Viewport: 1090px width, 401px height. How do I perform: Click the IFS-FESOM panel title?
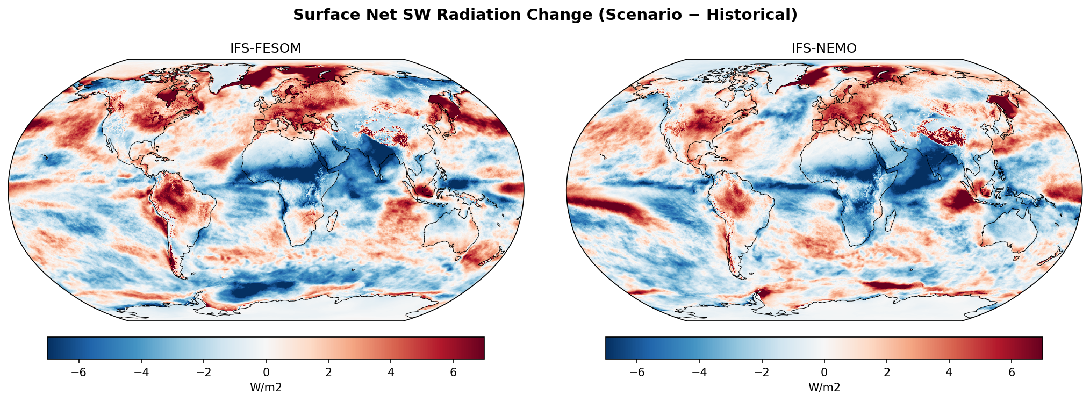click(266, 48)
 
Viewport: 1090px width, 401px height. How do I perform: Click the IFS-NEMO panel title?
click(824, 48)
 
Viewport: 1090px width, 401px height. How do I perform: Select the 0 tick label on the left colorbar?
click(266, 373)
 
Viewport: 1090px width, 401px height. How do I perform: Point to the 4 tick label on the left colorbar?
click(391, 373)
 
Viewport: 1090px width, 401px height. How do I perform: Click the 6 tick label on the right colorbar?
click(1012, 373)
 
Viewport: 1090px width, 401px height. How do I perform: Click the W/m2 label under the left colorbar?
click(266, 388)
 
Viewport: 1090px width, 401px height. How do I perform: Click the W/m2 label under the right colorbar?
click(824, 388)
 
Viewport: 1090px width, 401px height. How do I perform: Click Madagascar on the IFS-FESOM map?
click(332, 220)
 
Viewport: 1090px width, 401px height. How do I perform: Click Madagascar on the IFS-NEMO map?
click(891, 220)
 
